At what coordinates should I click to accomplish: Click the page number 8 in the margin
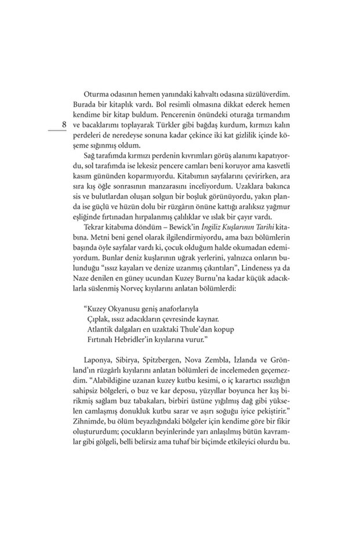(64, 125)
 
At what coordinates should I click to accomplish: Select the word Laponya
(100, 363)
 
